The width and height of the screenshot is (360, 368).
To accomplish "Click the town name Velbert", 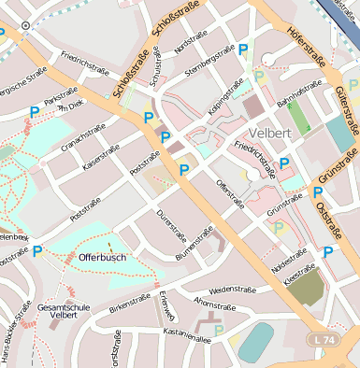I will [272, 133].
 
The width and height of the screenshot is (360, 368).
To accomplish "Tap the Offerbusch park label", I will [103, 256].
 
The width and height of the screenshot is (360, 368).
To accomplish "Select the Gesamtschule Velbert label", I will [64, 311].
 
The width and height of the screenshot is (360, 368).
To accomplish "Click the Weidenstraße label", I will [234, 290].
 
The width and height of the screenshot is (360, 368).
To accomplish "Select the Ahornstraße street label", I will [212, 304].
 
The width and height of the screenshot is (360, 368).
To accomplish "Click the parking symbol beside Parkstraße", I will [35, 112].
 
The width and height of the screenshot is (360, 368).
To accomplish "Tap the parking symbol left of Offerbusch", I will [37, 251].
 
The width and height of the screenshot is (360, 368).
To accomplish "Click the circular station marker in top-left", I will [25, 25].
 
